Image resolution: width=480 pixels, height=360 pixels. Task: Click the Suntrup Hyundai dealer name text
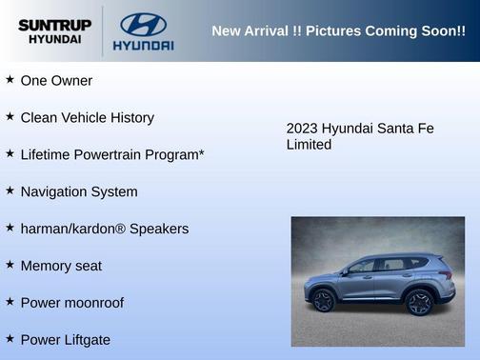click(54, 31)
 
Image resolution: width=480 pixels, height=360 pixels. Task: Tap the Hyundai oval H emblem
click(143, 24)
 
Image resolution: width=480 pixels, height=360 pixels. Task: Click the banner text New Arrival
click(248, 31)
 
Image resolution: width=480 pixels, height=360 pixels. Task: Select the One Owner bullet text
click(56, 81)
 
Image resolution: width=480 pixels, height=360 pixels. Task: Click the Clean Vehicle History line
click(87, 118)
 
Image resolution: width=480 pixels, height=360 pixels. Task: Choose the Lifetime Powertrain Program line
click(112, 154)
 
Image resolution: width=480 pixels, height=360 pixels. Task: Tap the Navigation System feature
click(79, 191)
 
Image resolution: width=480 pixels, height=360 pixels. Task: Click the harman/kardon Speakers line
click(104, 229)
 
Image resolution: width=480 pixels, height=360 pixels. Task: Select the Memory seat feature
click(61, 266)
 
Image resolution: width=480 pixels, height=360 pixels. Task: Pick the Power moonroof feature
click(72, 303)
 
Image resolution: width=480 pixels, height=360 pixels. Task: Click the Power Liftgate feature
click(66, 340)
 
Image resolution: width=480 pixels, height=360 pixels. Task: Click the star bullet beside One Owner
click(10, 80)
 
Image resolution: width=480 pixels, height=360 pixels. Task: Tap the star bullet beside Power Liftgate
click(10, 339)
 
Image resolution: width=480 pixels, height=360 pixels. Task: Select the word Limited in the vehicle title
click(309, 145)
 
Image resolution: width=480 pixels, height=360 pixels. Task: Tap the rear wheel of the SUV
click(418, 302)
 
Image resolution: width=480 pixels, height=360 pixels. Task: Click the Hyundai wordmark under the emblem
click(143, 45)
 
